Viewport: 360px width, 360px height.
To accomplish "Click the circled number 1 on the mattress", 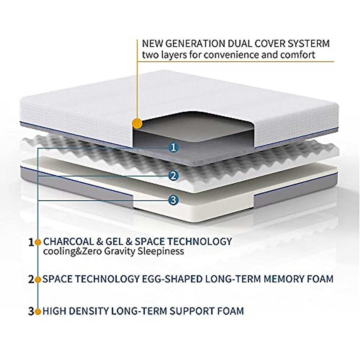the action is pyautogui.click(x=173, y=147).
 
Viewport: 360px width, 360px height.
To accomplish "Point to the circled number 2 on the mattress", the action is pyautogui.click(x=172, y=175).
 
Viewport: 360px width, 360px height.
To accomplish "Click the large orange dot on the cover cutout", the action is pyautogui.click(x=137, y=123).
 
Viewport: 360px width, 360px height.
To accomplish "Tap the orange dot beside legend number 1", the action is pyautogui.click(x=38, y=242).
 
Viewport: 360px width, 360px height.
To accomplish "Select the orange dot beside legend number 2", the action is pyautogui.click(x=38, y=280).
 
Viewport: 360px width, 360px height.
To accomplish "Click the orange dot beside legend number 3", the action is pyautogui.click(x=38, y=311).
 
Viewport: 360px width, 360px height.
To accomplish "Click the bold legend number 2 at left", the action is pyautogui.click(x=31, y=280).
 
